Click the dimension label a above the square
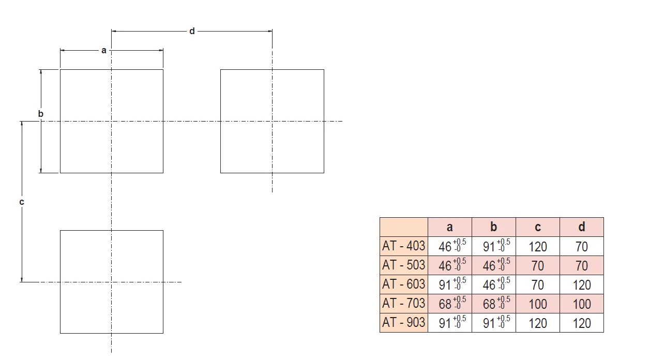[103, 50]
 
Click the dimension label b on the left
[41, 113]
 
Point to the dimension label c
[22, 202]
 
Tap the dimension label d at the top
[192, 31]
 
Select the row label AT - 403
[403, 246]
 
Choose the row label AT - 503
[403, 265]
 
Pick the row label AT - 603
[403, 284]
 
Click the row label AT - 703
[403, 304]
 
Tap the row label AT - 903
[403, 323]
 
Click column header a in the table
[449, 227]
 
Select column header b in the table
[493, 227]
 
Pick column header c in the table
[538, 227]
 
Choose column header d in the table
[582, 227]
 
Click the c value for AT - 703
[538, 304]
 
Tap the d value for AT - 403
[582, 247]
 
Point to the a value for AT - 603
[449, 285]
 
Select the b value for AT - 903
[493, 323]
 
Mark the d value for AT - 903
[582, 323]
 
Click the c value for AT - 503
[538, 266]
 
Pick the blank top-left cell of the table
[403, 227]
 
